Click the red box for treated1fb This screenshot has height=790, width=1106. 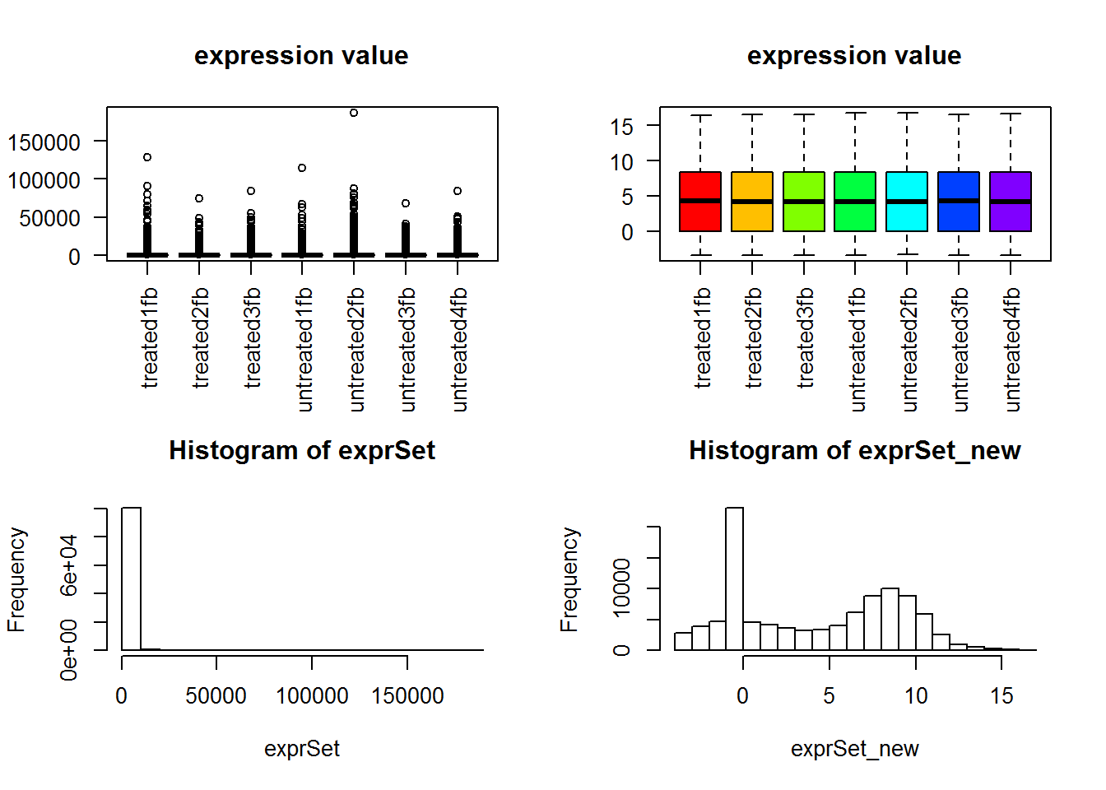point(700,202)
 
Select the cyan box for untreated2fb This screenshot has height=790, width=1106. point(907,202)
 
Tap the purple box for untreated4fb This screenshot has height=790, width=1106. point(1010,202)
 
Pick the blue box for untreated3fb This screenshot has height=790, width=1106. point(959,202)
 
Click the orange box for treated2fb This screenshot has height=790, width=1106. point(752,202)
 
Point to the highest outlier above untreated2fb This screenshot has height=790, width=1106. point(354,113)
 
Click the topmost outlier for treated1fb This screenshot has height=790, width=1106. point(147,157)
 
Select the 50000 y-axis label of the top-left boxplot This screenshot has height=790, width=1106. point(44,218)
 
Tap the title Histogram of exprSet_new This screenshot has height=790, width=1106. point(854,450)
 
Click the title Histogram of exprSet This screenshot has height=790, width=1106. point(301,450)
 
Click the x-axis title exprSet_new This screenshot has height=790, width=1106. point(854,749)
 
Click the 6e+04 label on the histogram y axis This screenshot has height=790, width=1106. point(69,565)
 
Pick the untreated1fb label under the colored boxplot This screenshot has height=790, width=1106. point(857,349)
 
